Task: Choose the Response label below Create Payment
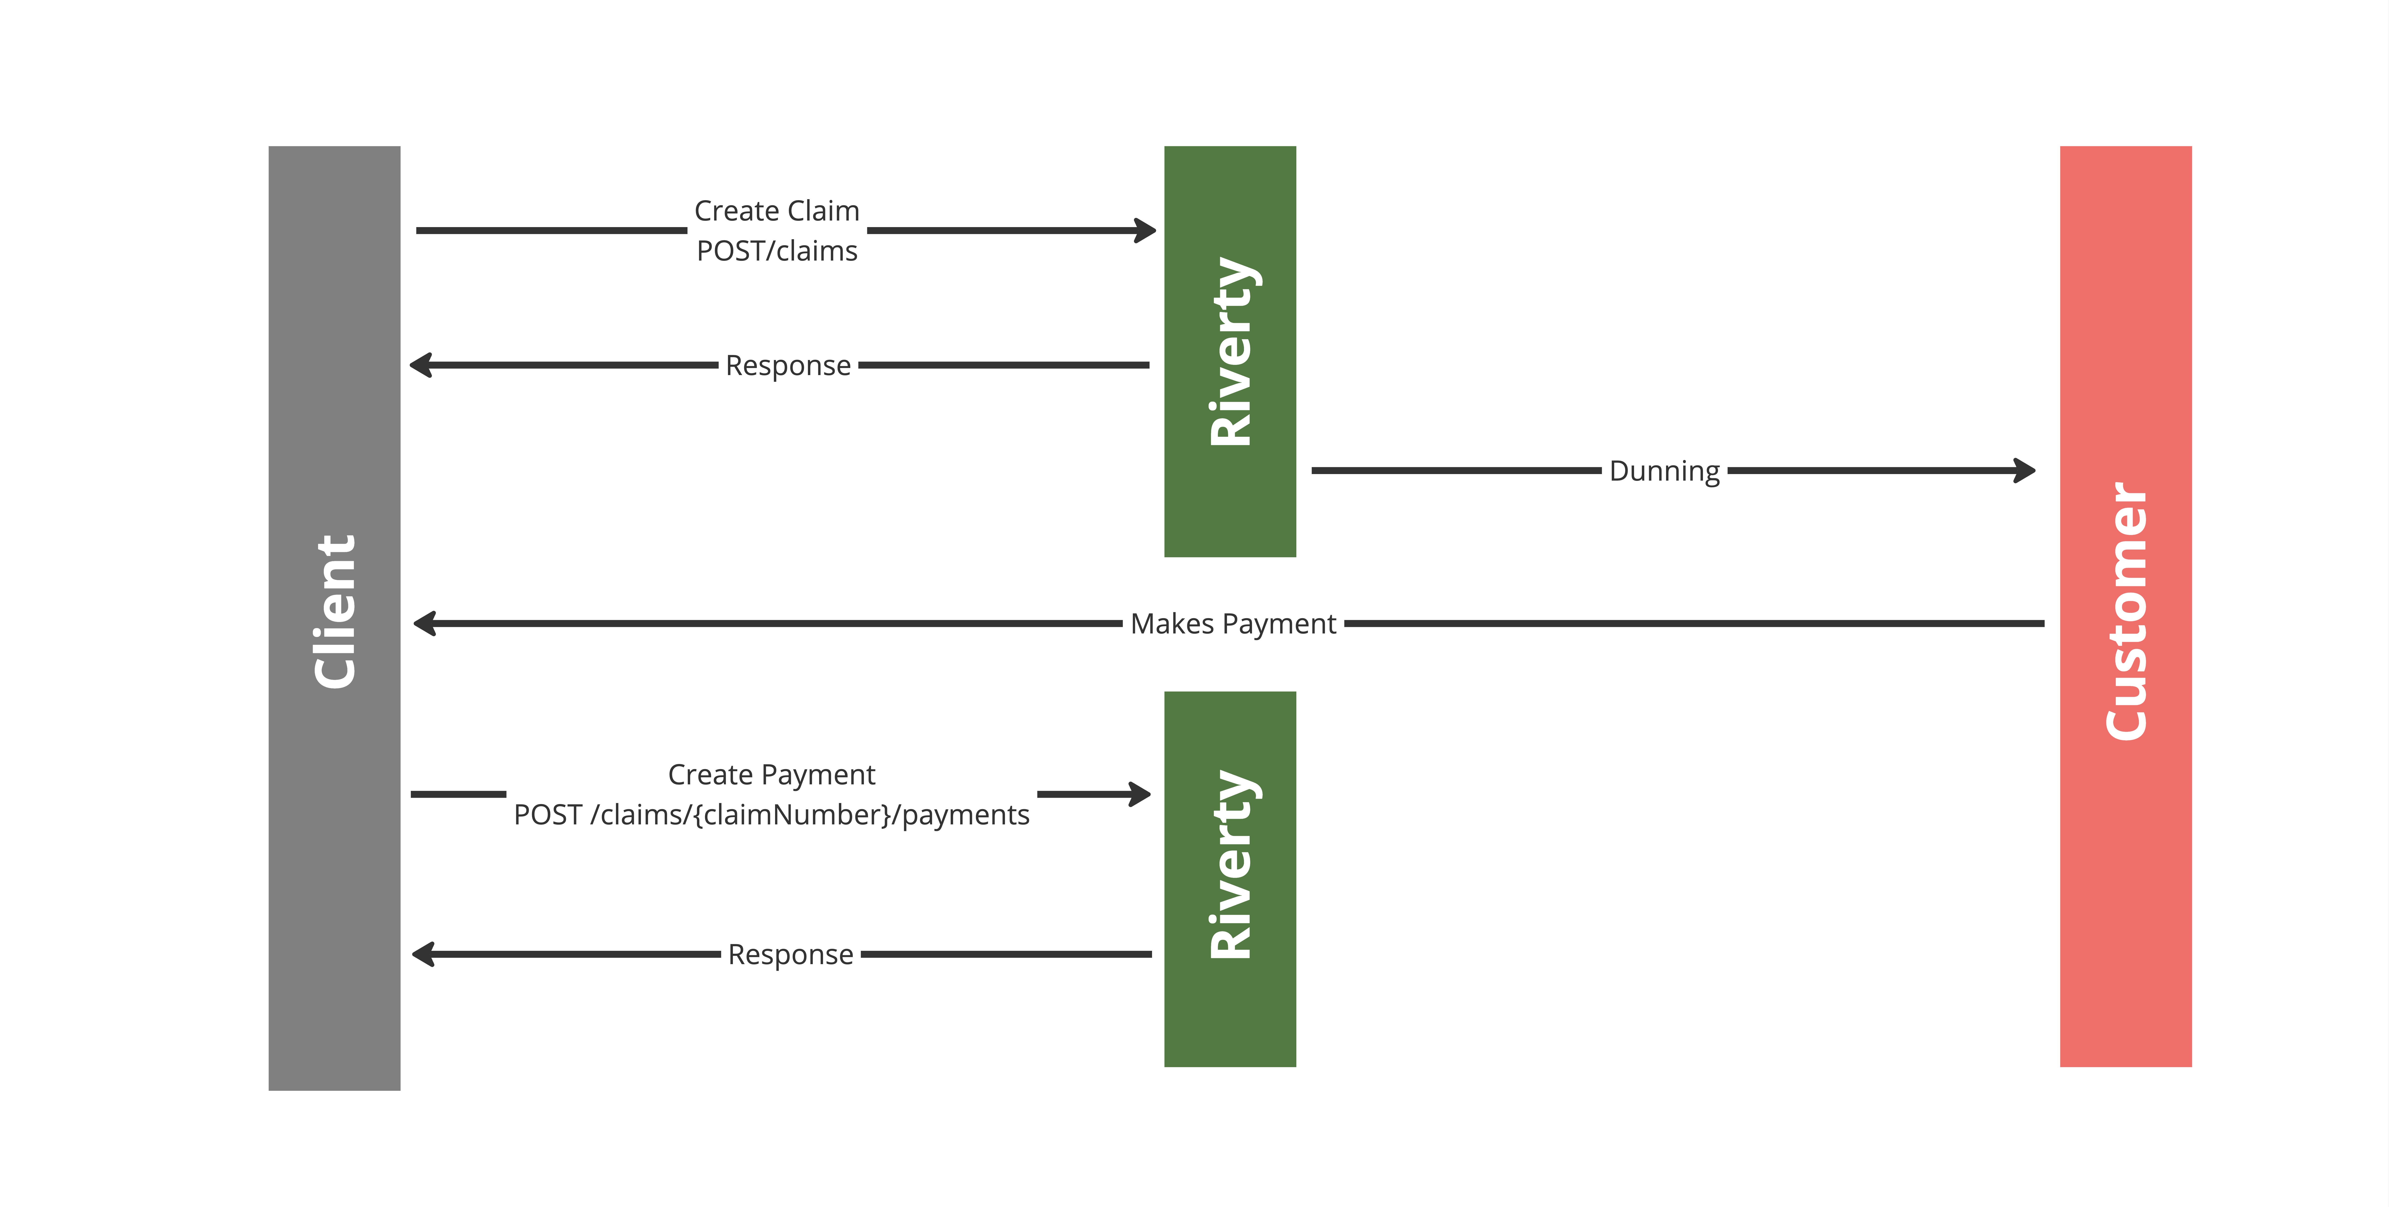click(x=790, y=954)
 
